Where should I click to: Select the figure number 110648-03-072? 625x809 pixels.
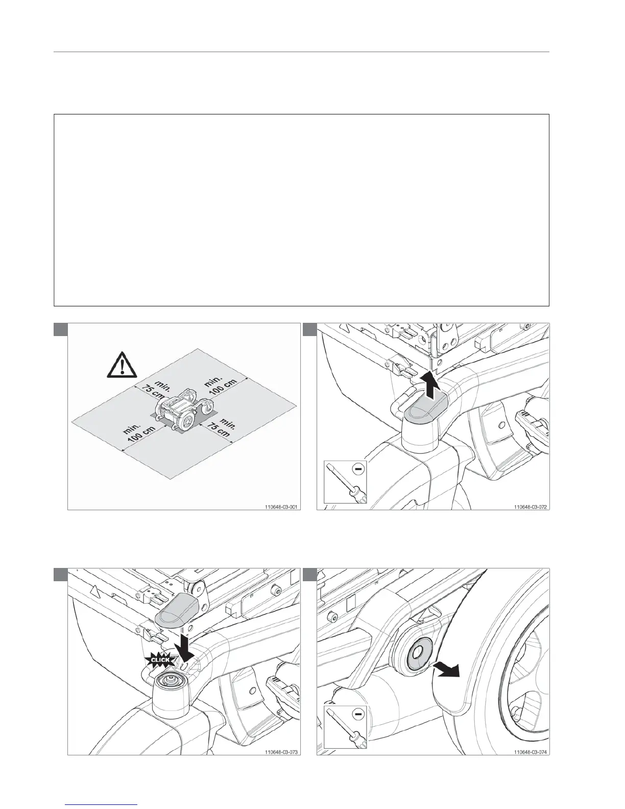click(531, 507)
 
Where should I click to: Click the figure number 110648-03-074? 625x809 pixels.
click(531, 752)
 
